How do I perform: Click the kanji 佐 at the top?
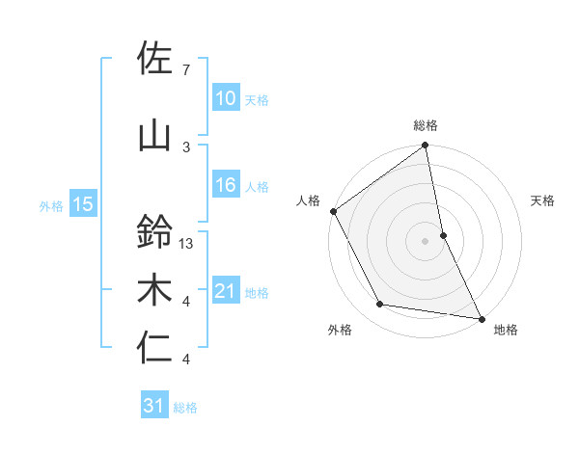pos(154,60)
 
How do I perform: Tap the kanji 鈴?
pos(154,231)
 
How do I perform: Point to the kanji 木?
pos(154,291)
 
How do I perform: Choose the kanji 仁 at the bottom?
pos(154,349)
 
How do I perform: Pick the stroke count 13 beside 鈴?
pos(187,244)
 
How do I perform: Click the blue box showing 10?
pos(225,98)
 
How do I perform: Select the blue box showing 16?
pos(225,185)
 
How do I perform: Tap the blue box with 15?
pos(82,204)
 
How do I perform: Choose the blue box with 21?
pos(225,291)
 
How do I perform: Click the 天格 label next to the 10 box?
pos(256,99)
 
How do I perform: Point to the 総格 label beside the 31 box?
pos(185,407)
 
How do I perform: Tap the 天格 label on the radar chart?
pos(542,200)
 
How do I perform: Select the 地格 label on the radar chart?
pos(506,330)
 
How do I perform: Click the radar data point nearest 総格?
pos(425,147)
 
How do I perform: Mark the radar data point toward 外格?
pos(380,305)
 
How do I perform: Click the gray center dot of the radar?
pos(425,240)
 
